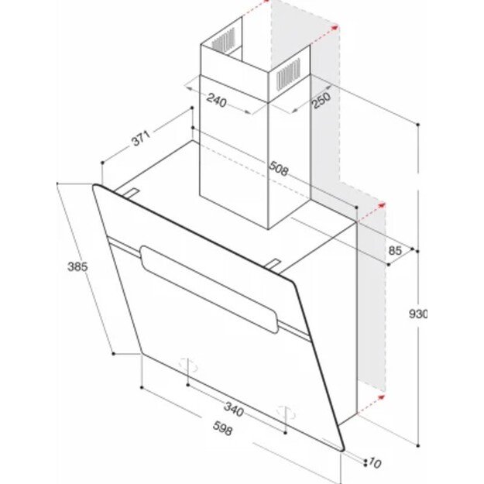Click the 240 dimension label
[217, 101]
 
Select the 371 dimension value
[141, 138]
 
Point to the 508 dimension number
[279, 169]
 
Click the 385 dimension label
[77, 266]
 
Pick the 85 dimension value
[396, 250]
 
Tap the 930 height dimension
[418, 314]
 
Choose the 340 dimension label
[234, 410]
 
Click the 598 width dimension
[222, 428]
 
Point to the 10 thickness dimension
[375, 462]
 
